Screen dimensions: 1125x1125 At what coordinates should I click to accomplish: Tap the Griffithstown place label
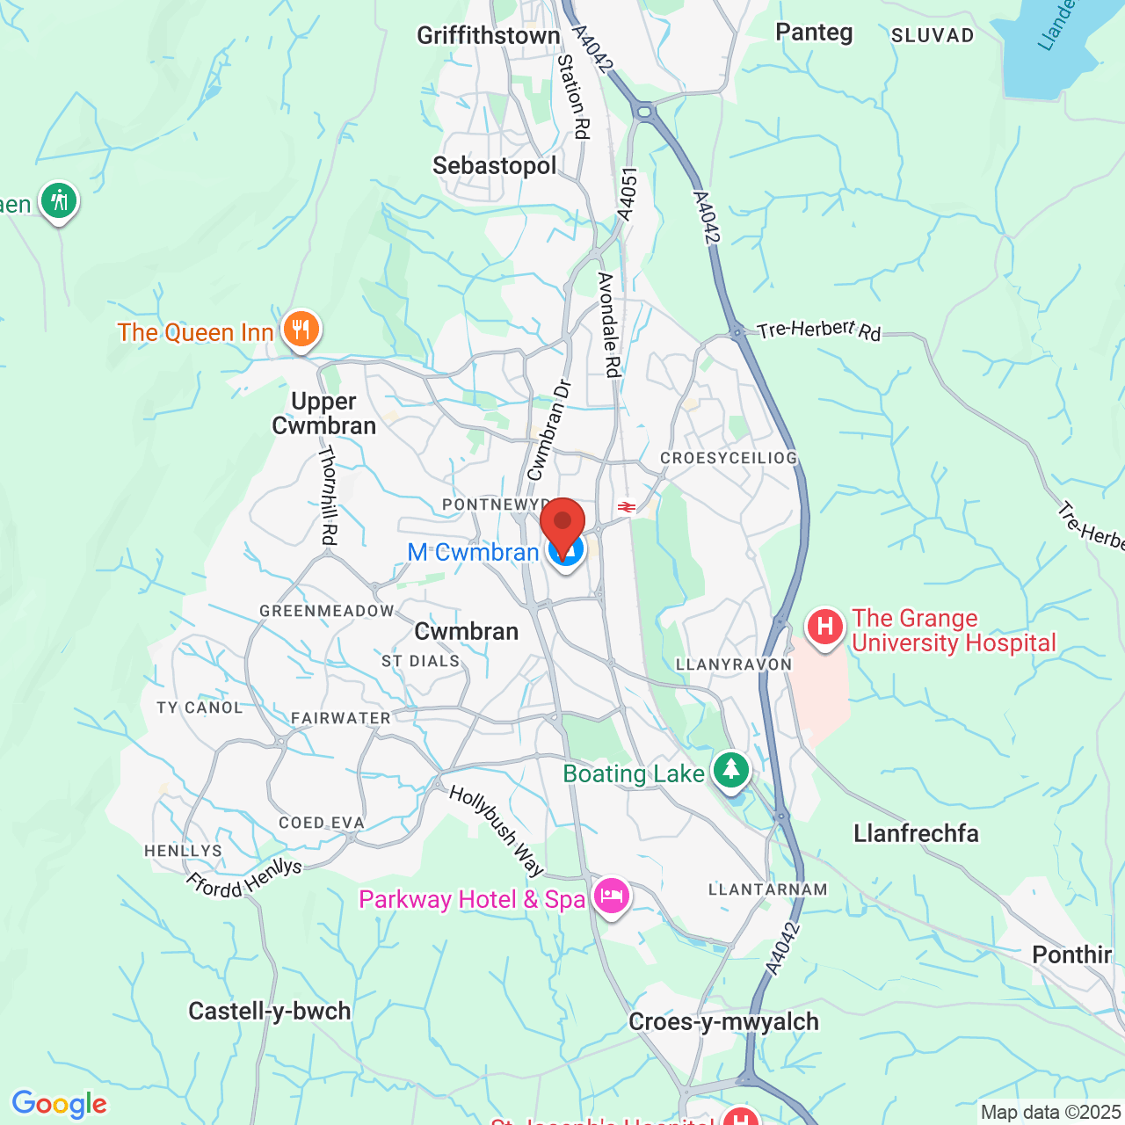(x=488, y=36)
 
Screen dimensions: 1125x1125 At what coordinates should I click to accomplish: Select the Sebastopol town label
(x=494, y=166)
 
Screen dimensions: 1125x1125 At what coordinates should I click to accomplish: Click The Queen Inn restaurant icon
(x=301, y=330)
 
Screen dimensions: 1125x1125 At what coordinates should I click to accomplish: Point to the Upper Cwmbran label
(x=323, y=414)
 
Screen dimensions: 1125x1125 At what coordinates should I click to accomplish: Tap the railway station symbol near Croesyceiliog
(x=626, y=507)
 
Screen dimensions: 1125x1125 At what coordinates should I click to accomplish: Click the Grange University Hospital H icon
(x=824, y=628)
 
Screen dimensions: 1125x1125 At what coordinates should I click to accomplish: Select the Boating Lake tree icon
(x=730, y=770)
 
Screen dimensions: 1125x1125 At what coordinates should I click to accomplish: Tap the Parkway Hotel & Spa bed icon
(x=612, y=896)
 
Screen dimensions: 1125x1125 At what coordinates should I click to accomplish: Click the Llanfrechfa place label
(x=916, y=833)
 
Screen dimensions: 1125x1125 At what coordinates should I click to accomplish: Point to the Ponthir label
(x=1071, y=955)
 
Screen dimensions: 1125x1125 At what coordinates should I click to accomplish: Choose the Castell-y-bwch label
(x=270, y=1012)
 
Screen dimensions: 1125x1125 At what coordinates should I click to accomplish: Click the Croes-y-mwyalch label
(x=723, y=1022)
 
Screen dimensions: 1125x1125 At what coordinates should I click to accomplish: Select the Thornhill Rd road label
(x=328, y=495)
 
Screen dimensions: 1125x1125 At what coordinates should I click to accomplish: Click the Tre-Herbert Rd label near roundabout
(x=818, y=330)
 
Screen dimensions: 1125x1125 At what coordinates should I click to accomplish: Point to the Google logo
(x=59, y=1105)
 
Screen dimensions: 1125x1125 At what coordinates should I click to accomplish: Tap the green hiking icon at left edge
(x=59, y=201)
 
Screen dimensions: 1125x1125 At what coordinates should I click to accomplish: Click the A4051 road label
(x=627, y=194)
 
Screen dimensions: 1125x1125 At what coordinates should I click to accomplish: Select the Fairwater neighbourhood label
(x=341, y=719)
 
